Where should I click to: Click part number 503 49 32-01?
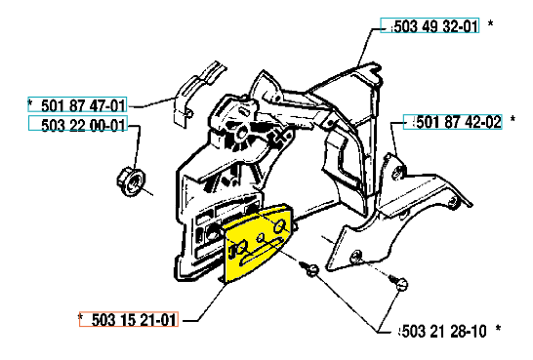point(436,26)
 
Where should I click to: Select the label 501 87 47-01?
point(83,105)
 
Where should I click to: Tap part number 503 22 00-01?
point(83,125)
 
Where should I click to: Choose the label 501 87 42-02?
point(459,122)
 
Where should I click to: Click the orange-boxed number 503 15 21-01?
point(134,320)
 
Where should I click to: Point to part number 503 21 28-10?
point(444,331)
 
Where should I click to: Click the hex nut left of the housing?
point(131,180)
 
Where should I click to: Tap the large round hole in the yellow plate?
point(280,225)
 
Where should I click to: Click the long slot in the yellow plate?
point(261,252)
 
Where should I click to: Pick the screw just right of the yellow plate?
point(309,268)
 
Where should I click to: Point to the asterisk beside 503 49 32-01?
point(490,23)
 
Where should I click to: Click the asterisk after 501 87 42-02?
point(512,119)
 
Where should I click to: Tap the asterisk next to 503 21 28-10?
point(498,329)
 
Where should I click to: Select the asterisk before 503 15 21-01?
point(81,317)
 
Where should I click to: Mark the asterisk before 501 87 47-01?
point(30,102)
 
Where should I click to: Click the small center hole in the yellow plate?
point(261,237)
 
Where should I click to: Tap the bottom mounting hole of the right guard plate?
point(356,255)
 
